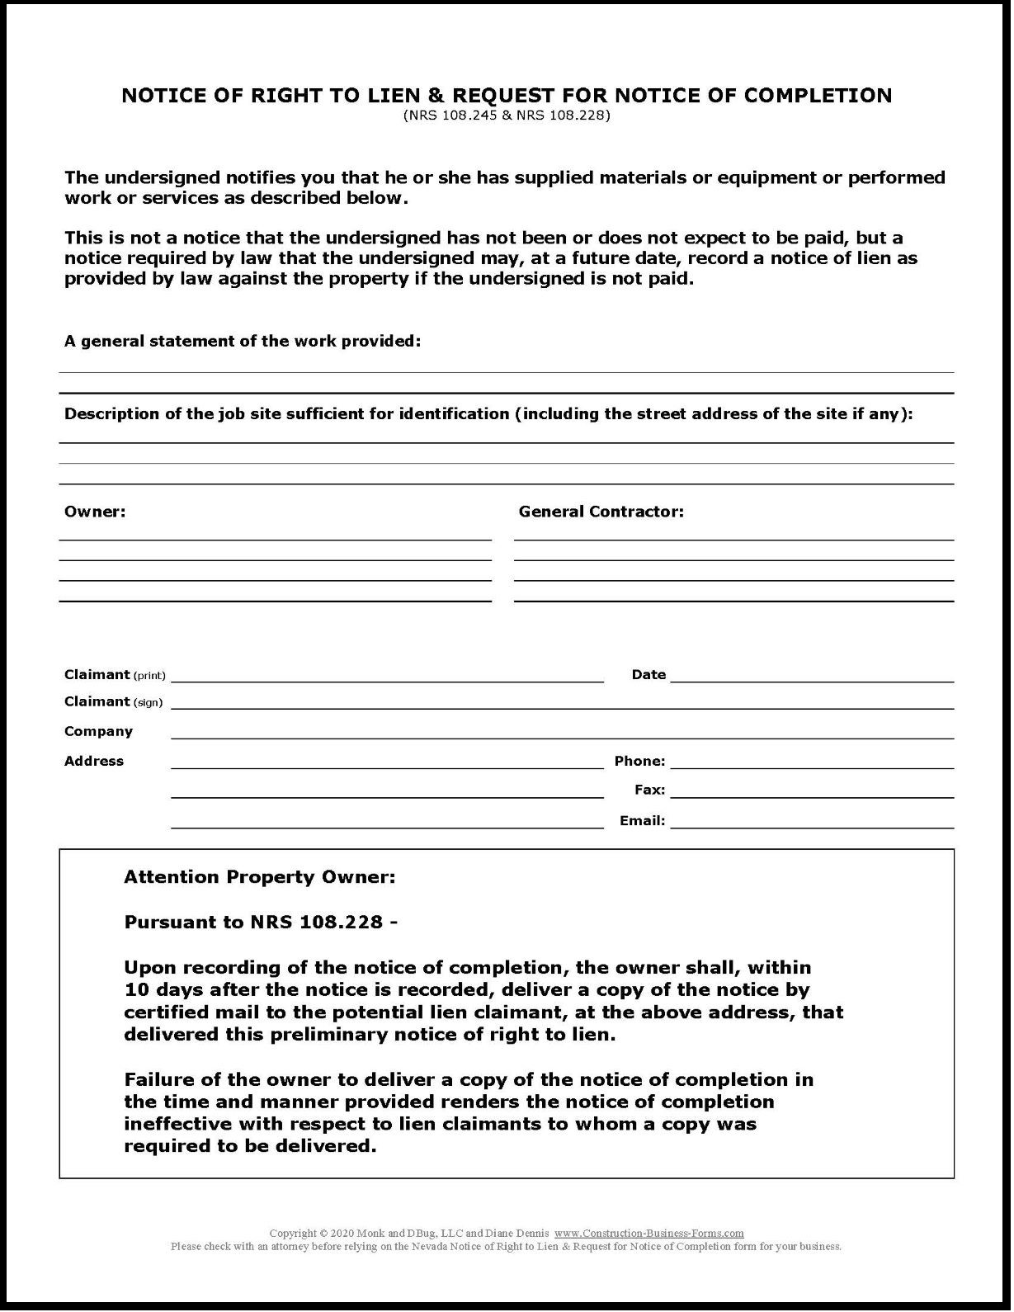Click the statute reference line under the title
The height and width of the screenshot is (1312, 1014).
[507, 116]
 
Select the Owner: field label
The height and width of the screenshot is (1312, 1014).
[95, 512]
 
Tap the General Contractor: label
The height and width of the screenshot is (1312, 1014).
[601, 512]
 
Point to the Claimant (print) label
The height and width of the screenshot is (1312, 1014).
[115, 675]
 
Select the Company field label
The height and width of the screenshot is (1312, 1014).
[98, 732]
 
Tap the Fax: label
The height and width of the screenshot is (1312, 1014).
[649, 791]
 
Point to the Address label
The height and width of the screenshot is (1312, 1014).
[94, 762]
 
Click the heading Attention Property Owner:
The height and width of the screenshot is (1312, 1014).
[259, 878]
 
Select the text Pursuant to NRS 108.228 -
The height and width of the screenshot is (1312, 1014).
[261, 923]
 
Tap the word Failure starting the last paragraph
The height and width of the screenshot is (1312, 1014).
[160, 1080]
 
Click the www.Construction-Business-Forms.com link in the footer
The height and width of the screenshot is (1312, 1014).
[648, 1234]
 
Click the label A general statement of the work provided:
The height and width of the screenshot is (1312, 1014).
[243, 342]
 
